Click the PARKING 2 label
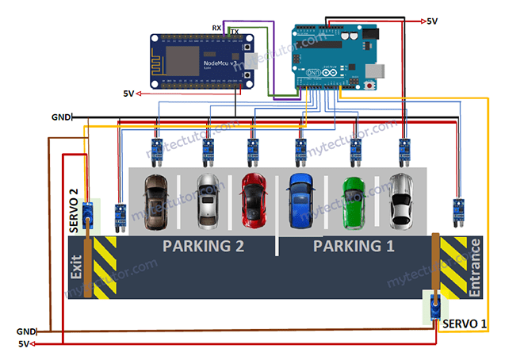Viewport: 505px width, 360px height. [203, 246]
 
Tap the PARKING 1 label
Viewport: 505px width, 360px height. [354, 246]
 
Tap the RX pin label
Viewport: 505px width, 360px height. [216, 28]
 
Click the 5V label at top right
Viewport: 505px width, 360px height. [432, 21]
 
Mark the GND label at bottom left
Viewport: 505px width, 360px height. [25, 331]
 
